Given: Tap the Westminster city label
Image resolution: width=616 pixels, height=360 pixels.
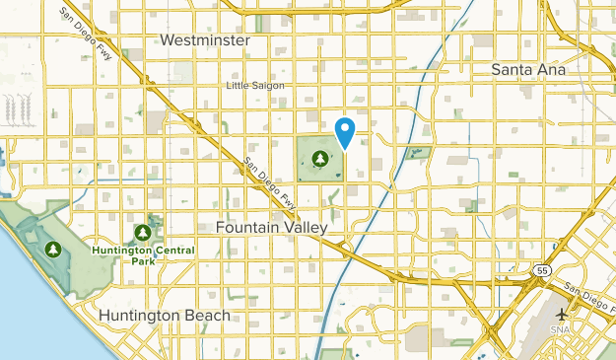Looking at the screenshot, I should click(x=204, y=40).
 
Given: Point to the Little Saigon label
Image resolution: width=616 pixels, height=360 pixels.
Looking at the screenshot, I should click(x=255, y=86).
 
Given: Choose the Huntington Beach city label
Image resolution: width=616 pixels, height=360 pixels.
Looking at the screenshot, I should click(x=165, y=316).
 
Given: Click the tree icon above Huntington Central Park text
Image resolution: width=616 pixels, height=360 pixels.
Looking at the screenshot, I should click(x=143, y=233).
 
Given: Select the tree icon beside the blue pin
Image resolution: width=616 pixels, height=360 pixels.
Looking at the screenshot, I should click(x=319, y=158).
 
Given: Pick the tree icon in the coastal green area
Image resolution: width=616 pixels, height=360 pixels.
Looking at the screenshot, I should click(x=50, y=251).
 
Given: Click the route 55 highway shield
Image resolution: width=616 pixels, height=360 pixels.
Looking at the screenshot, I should click(x=545, y=268).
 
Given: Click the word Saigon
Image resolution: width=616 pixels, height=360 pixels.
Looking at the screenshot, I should click(x=268, y=86).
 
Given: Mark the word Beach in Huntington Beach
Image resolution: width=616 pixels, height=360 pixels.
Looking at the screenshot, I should click(x=205, y=316).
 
